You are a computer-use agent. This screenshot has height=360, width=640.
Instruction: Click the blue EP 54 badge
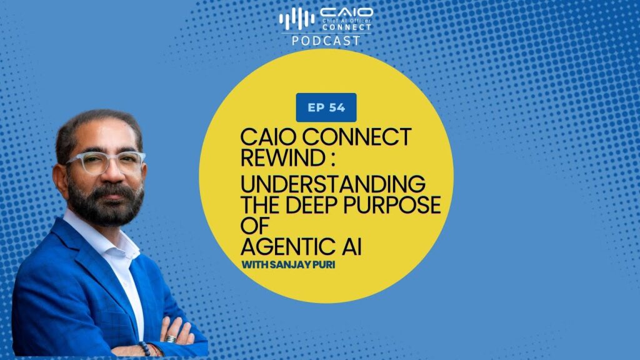[326, 107]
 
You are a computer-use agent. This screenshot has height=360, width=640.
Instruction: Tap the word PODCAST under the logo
[326, 41]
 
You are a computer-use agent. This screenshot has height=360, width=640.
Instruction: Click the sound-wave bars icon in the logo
[297, 18]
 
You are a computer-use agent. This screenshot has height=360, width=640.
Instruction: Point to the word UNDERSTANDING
[333, 184]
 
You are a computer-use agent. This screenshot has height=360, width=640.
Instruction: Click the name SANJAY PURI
[303, 264]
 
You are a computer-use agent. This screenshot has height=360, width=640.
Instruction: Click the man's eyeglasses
[107, 162]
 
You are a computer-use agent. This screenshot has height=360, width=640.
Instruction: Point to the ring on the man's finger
[171, 339]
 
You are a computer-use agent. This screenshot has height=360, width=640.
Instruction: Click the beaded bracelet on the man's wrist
[145, 348]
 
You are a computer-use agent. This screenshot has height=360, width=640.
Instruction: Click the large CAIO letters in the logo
[346, 12]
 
